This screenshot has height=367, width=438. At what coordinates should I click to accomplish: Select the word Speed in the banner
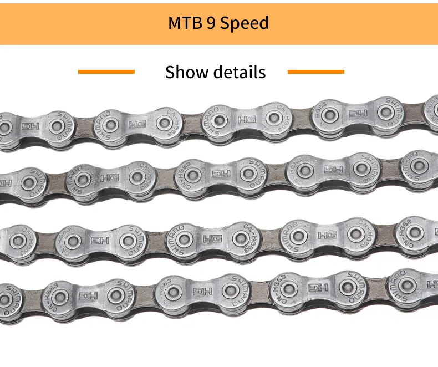[244, 23]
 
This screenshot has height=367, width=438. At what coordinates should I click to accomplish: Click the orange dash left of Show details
[106, 72]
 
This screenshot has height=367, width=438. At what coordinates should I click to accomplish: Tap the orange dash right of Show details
[316, 72]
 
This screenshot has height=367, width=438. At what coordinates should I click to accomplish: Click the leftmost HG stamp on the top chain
[28, 126]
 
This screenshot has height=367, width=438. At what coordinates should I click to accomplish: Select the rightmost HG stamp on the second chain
[333, 170]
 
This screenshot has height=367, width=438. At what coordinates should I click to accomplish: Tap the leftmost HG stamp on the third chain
[100, 241]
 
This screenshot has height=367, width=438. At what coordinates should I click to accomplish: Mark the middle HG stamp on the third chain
[212, 239]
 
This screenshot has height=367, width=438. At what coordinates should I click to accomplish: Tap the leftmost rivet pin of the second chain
[27, 180]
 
